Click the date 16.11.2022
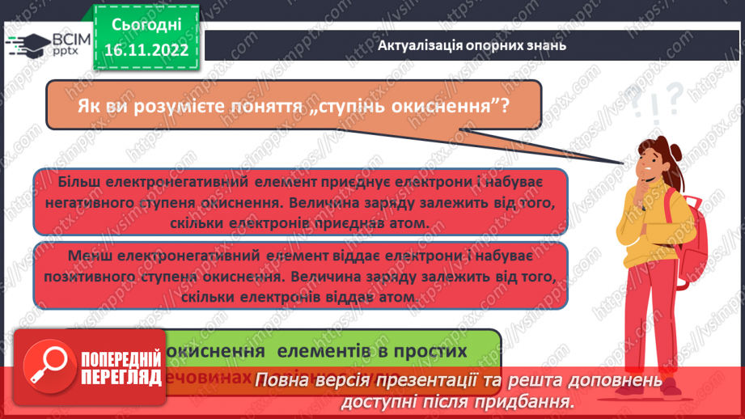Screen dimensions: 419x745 (146, 49)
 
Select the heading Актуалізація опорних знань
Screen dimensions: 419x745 (472, 45)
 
